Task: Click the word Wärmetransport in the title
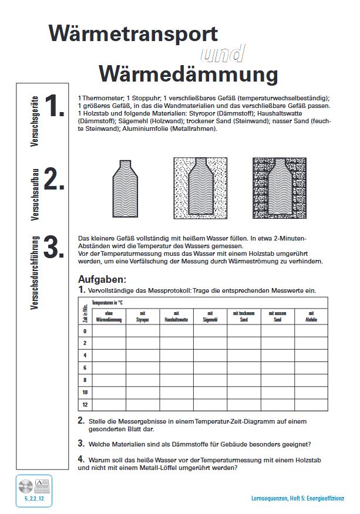pyautogui.click(x=133, y=33)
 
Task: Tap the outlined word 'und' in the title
pyautogui.click(x=223, y=54)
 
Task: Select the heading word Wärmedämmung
pyautogui.click(x=188, y=74)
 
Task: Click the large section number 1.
pyautogui.click(x=54, y=106)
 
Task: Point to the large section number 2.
pyautogui.click(x=54, y=180)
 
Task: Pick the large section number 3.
pyautogui.click(x=54, y=248)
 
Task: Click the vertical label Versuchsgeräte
pyautogui.click(x=35, y=120)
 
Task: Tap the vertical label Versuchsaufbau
pyautogui.click(x=35, y=194)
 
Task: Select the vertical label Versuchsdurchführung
pyautogui.click(x=35, y=273)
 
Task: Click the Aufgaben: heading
pyautogui.click(x=102, y=279)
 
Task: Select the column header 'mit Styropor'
pyautogui.click(x=143, y=317)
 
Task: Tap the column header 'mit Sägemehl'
pyautogui.click(x=210, y=317)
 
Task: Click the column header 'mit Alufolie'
pyautogui.click(x=311, y=317)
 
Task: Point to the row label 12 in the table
pyautogui.click(x=85, y=404)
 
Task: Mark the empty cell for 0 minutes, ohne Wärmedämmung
pyautogui.click(x=109, y=331)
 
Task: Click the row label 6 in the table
pyautogui.click(x=85, y=367)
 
